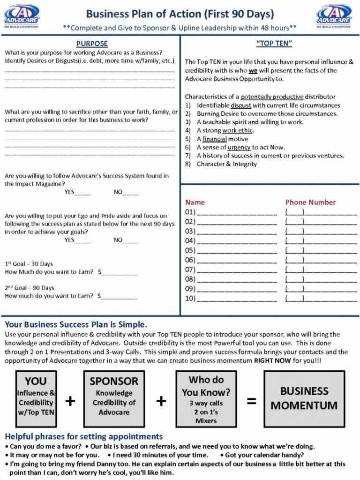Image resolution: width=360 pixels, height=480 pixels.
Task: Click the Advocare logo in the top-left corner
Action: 22,16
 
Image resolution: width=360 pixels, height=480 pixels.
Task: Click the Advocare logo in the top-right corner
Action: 334,16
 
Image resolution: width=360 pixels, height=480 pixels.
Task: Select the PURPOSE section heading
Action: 91,44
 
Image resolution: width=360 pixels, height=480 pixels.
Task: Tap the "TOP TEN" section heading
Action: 274,44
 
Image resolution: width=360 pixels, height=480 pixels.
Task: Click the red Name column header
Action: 195,202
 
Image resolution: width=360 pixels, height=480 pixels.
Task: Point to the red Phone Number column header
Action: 310,202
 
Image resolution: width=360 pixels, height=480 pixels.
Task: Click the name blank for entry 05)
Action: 237,251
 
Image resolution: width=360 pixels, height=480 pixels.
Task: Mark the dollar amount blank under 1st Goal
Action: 120,272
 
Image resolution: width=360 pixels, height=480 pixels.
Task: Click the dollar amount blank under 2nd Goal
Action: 120,296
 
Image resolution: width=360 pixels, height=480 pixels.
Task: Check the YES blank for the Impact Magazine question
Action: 82,192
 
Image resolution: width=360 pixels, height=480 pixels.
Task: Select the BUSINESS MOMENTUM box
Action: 304,398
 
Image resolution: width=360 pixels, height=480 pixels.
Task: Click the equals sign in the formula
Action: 252,401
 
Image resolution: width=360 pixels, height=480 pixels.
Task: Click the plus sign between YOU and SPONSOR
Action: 70,401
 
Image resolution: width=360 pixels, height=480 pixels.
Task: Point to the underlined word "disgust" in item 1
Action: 240,105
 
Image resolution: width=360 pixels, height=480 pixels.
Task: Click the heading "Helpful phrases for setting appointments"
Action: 84,436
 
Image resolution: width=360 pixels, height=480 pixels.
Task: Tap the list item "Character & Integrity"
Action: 227,164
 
